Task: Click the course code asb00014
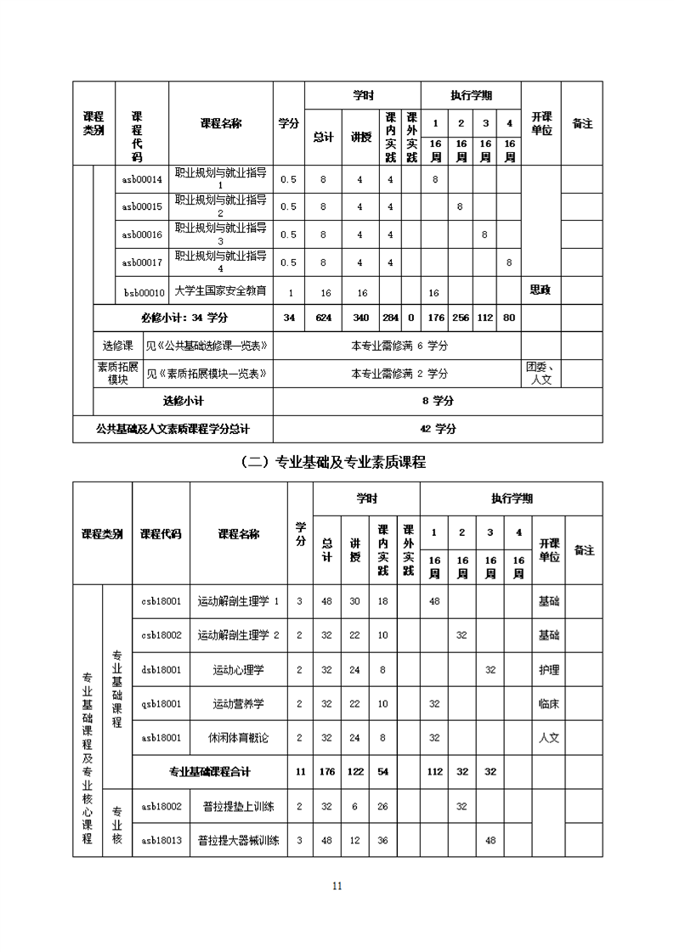pos(142,179)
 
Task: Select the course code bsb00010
pos(143,291)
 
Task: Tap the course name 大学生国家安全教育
pos(220,290)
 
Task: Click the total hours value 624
pos(323,318)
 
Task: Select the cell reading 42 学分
pos(438,428)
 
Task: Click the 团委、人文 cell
pos(541,373)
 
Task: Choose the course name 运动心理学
pos(238,669)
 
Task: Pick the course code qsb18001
pos(161,703)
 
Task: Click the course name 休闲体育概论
pos(238,737)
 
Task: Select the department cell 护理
pos(549,669)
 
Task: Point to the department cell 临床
pos(549,703)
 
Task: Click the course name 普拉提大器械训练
pos(238,840)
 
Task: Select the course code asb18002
pos(161,805)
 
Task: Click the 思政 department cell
pos(541,290)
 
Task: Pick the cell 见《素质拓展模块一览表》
pos(207,373)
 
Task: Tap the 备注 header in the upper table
pos(582,123)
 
